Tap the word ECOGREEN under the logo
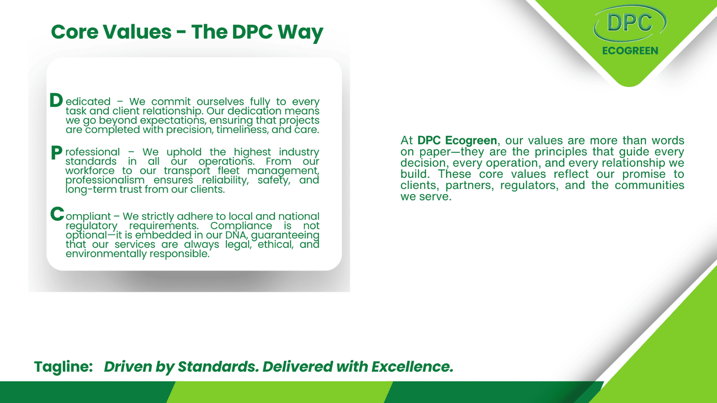[630, 51]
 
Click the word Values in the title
[137, 32]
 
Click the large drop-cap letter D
[56, 100]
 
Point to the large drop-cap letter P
[56, 152]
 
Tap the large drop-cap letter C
[57, 214]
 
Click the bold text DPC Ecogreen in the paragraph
[457, 141]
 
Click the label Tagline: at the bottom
[63, 367]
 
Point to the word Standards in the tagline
[218, 367]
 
